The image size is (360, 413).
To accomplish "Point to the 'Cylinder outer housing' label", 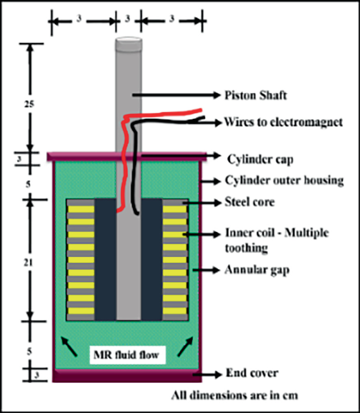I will [284, 181].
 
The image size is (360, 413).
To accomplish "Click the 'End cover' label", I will [252, 373].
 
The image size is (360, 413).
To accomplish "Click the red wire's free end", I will [200, 110].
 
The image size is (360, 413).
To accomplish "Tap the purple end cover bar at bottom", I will [126, 375].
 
